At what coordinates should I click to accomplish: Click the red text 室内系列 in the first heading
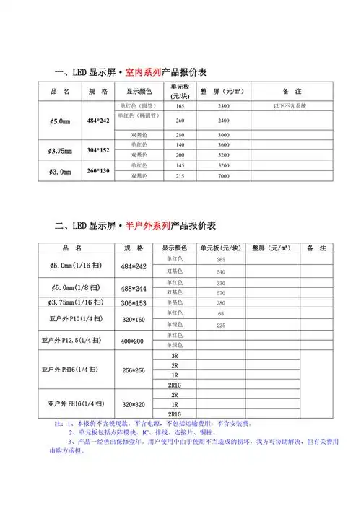pos(143,73)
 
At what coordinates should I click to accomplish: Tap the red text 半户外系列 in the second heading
pos(148,225)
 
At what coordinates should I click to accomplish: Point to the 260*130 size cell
pos(97,170)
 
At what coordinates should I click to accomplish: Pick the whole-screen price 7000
pos(224,176)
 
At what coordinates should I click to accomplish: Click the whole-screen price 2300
pos(224,107)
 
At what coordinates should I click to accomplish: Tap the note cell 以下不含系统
pos(289,107)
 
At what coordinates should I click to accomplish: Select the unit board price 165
pos(180,107)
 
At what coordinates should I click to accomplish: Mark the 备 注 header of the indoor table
pos(292,92)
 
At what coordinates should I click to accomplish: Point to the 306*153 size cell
pos(134,303)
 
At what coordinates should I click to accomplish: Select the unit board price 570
pos(221,293)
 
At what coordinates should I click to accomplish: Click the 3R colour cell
pos(175,357)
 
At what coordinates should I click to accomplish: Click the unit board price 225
pos(221,325)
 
